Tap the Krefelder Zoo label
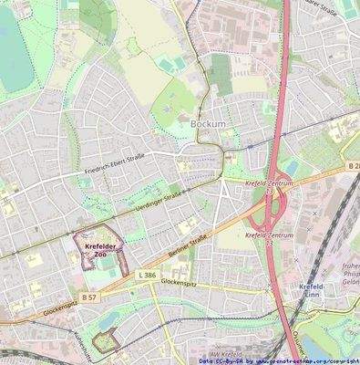coord(95,250)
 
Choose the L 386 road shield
coord(147,274)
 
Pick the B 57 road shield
coord(88,297)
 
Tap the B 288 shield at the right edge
coord(353,165)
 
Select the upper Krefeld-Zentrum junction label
coord(269,182)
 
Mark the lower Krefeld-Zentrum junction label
coord(270,235)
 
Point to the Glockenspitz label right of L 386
coord(181,282)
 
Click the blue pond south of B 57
coord(109,318)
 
